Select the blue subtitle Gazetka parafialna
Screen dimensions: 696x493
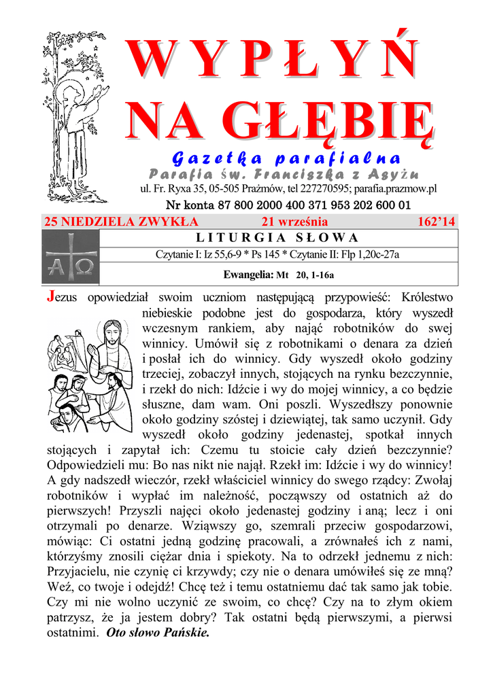click(x=286, y=159)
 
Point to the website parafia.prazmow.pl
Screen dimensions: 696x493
click(x=396, y=189)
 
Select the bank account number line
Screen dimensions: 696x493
click(x=288, y=205)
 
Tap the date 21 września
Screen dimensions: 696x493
click(x=294, y=222)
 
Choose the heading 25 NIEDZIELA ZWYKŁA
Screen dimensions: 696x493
click(x=121, y=222)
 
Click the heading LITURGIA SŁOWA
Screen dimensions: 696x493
click(x=277, y=238)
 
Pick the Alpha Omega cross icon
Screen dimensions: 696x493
click(x=70, y=258)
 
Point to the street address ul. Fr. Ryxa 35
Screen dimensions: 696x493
click(x=169, y=189)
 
